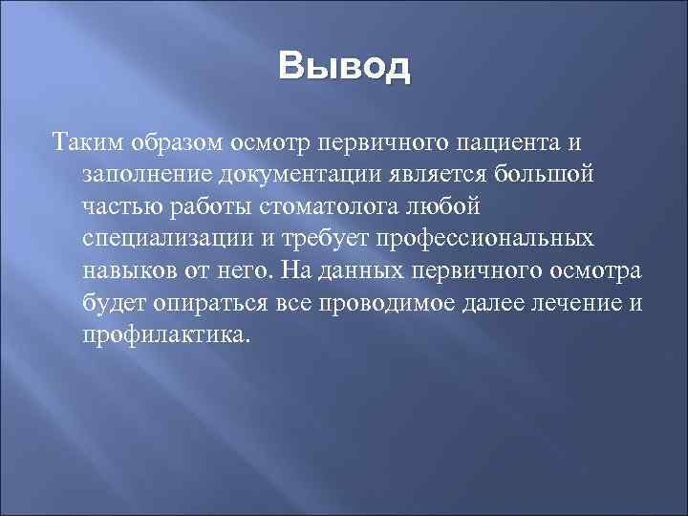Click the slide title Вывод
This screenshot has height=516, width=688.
click(x=344, y=69)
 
